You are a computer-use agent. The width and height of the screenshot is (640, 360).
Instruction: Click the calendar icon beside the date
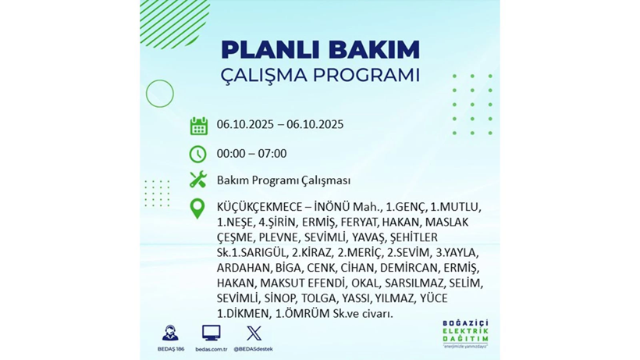tap(198, 126)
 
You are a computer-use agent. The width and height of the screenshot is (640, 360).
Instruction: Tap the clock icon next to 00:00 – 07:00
tap(198, 154)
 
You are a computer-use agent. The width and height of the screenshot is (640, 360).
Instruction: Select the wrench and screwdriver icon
tap(198, 180)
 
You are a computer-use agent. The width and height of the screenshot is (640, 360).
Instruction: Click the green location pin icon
tap(198, 208)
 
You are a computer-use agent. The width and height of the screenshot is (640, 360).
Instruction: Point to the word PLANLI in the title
tap(261, 49)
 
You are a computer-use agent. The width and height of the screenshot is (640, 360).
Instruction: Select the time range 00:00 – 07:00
tap(251, 154)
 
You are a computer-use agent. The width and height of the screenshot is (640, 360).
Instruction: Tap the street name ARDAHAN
tap(240, 268)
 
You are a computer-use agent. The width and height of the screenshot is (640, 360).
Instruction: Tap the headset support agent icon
tap(169, 333)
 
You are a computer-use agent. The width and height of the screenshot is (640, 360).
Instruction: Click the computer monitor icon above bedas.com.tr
tap(211, 333)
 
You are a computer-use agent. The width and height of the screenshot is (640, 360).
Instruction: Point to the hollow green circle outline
tap(160, 94)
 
